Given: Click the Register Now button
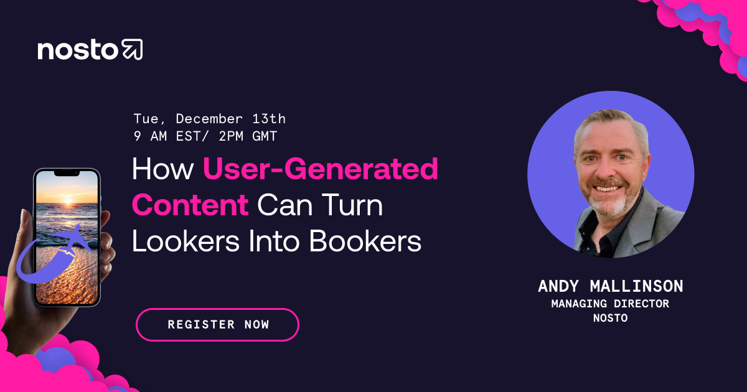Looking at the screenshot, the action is [217, 325].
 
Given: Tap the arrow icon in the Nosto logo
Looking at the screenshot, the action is [133, 49].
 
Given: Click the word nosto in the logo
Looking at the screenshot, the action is [78, 50].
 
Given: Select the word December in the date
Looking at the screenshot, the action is [209, 119].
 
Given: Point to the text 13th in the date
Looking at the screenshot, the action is [269, 119].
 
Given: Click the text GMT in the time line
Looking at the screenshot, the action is [265, 136].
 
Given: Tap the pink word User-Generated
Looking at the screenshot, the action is [321, 169].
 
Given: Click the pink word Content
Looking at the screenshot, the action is [190, 205].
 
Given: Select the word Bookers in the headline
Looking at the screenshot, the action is [365, 241].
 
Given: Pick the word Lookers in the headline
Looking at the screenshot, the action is [186, 241].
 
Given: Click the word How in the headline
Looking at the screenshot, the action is [162, 169].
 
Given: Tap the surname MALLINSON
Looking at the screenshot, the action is [636, 286].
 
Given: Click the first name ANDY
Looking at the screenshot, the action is [558, 286].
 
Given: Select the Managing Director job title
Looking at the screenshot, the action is [610, 304].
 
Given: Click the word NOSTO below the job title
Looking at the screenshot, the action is [610, 318].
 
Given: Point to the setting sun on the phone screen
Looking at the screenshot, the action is [68, 201].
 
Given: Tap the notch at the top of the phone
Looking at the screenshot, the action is [67, 173].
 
